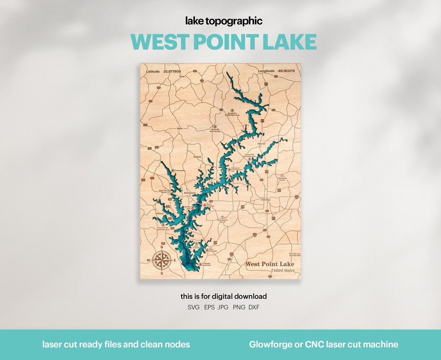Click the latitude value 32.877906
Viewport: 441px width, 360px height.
coord(171,71)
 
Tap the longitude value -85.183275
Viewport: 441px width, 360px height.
coord(286,71)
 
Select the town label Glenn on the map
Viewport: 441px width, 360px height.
coord(180,128)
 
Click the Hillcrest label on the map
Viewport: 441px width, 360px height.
coord(261,144)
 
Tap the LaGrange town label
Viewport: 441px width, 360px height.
coord(265,199)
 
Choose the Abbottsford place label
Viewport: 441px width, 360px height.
coord(190,192)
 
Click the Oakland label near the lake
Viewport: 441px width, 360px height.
coord(159,213)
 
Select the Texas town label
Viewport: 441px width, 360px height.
coord(182,76)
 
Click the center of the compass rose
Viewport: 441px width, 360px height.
coord(162,260)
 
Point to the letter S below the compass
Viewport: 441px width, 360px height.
coord(162,273)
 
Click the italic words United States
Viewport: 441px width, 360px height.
coord(282,271)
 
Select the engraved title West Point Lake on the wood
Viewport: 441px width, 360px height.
coord(269,264)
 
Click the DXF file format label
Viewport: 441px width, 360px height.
coord(254,307)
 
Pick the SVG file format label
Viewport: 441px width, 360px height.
coord(194,307)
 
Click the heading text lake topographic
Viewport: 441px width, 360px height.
coord(224,21)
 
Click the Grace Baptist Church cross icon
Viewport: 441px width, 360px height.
coord(222,217)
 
